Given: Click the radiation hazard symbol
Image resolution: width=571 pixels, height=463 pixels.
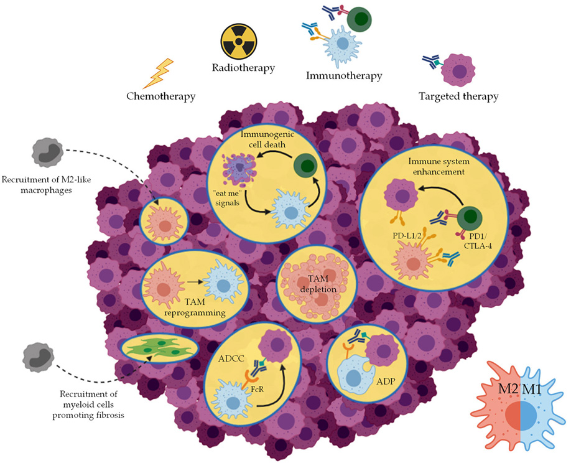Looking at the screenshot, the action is point(238,41).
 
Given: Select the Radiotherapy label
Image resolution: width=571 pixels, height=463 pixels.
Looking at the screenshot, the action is point(243,68).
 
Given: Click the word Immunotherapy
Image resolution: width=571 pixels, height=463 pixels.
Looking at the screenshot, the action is point(344,76).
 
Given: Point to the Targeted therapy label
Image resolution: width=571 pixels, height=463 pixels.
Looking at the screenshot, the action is point(458,96).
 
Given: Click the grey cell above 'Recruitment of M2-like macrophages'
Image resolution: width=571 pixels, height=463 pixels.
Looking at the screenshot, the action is point(47,152).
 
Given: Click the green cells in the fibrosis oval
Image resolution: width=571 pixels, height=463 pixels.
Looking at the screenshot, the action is point(160,347).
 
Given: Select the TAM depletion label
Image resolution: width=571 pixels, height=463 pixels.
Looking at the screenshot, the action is point(318,284).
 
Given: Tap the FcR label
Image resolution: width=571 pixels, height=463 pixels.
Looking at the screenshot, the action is point(257,390).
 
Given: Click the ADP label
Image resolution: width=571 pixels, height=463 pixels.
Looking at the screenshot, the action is point(386,381).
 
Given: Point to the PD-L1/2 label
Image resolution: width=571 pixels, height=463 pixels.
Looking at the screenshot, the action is point(407,236).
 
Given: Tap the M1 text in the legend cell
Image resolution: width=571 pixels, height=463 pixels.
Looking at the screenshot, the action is point(531,389).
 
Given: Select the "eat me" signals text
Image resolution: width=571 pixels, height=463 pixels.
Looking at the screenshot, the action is point(228,198).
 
